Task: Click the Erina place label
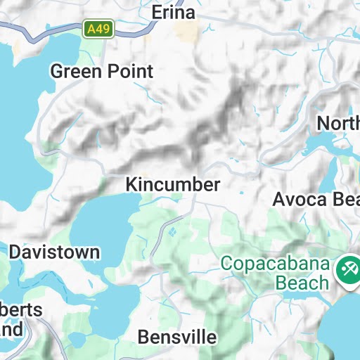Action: click(174, 13)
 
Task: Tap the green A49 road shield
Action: click(98, 29)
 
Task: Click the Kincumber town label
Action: click(173, 184)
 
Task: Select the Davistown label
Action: click(54, 252)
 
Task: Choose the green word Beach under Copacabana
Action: click(302, 283)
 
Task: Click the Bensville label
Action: click(177, 337)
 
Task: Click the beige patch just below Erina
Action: click(186, 32)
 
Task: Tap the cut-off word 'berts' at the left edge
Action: click(21, 310)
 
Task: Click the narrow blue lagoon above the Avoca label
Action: click(330, 173)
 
